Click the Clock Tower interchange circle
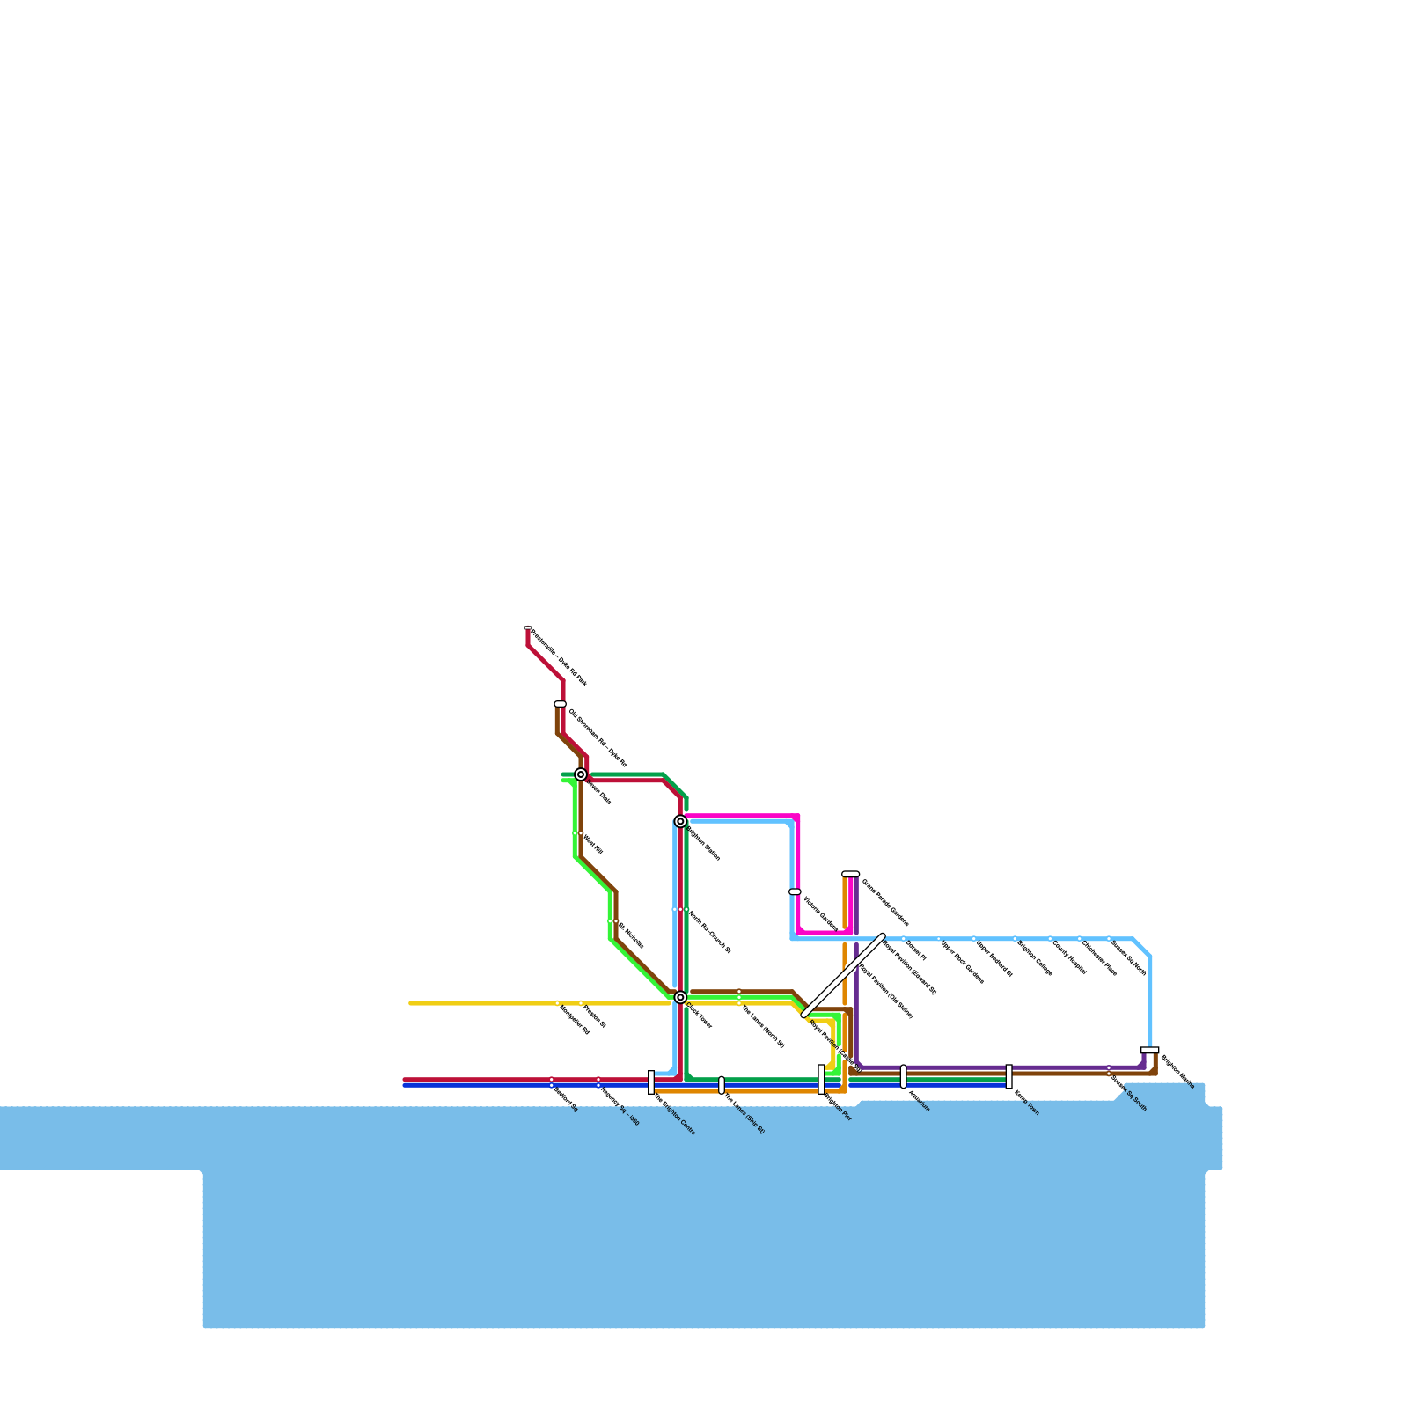tap(680, 997)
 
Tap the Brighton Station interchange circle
tap(680, 821)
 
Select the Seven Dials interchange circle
tap(581, 774)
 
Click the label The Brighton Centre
tap(674, 1114)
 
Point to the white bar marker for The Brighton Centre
tap(651, 1082)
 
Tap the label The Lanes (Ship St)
tap(744, 1113)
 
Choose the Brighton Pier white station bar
tap(821, 1079)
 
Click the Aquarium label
tap(919, 1102)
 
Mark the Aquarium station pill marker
tap(904, 1076)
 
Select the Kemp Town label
tap(1027, 1104)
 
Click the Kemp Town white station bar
tap(1009, 1076)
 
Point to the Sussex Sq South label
tap(1129, 1096)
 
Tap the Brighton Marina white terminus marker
tap(1150, 1050)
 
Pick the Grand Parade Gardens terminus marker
tap(851, 874)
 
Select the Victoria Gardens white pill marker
tap(795, 891)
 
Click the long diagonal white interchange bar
tap(844, 975)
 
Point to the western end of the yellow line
tap(412, 1003)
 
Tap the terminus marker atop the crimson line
tap(528, 628)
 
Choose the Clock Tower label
tap(699, 1016)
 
